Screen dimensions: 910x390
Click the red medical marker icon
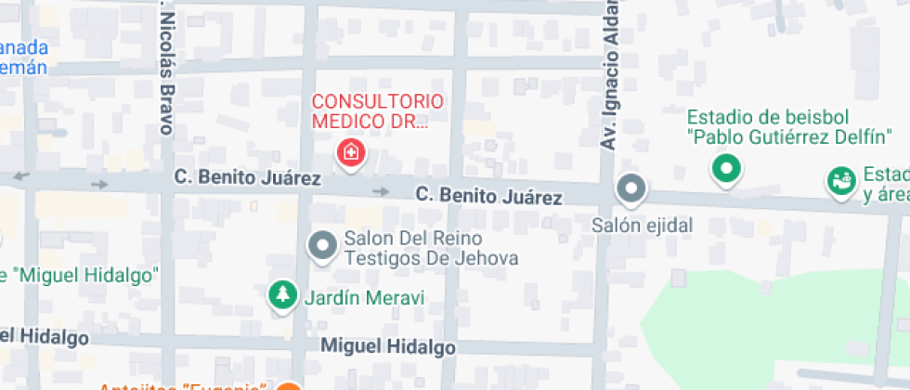click(x=351, y=151)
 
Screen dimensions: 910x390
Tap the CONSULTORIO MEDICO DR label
click(x=377, y=111)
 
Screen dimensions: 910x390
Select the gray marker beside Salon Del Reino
click(x=322, y=245)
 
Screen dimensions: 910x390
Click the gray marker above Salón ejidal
click(x=631, y=188)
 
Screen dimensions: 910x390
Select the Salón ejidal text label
click(x=643, y=226)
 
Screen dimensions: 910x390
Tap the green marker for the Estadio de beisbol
click(x=726, y=168)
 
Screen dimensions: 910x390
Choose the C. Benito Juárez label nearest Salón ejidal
click(x=488, y=196)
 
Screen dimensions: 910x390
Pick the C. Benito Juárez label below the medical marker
click(x=248, y=177)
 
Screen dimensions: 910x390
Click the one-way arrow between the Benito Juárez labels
click(x=380, y=191)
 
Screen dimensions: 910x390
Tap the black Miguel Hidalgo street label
click(x=388, y=347)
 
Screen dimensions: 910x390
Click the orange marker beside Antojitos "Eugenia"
click(x=290, y=387)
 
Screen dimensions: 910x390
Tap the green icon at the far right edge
click(x=841, y=182)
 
